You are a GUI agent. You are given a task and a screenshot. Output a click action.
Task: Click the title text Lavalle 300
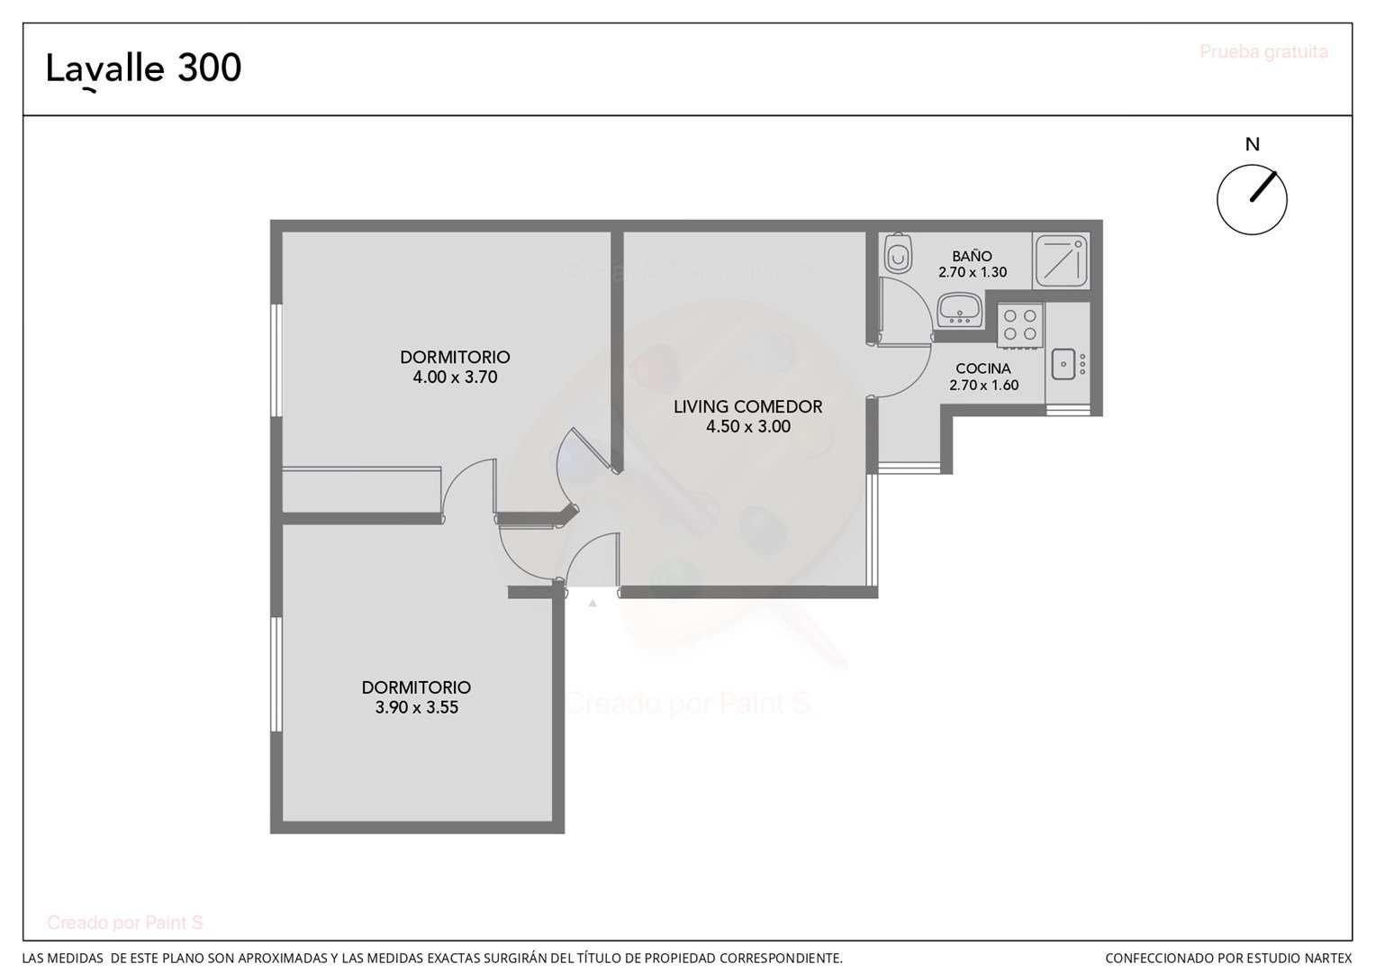(144, 69)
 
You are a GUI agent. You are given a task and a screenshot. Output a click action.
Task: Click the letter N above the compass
(1252, 144)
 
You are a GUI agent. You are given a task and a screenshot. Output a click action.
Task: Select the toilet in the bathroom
(898, 253)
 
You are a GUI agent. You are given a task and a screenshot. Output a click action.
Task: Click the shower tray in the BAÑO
(1062, 260)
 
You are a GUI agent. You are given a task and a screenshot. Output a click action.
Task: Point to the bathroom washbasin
(960, 309)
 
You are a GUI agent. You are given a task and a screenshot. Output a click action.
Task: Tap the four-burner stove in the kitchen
(1020, 326)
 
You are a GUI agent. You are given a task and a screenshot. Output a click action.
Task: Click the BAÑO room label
(972, 256)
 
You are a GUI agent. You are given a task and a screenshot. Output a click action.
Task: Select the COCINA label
(982, 368)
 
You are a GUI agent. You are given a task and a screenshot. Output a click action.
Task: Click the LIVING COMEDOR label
(747, 406)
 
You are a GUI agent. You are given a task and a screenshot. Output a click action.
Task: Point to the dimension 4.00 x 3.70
(455, 377)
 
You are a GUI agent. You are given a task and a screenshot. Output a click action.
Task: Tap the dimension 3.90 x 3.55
(416, 707)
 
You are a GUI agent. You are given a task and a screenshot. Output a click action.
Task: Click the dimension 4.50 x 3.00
(747, 426)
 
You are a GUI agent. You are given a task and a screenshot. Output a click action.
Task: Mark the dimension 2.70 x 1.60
(983, 386)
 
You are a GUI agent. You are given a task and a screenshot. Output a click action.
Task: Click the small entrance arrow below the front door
(593, 603)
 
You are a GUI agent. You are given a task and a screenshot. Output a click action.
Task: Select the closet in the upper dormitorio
(361, 489)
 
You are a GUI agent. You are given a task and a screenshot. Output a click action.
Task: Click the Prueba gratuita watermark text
(1263, 51)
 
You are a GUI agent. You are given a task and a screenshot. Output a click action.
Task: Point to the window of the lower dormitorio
(276, 674)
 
